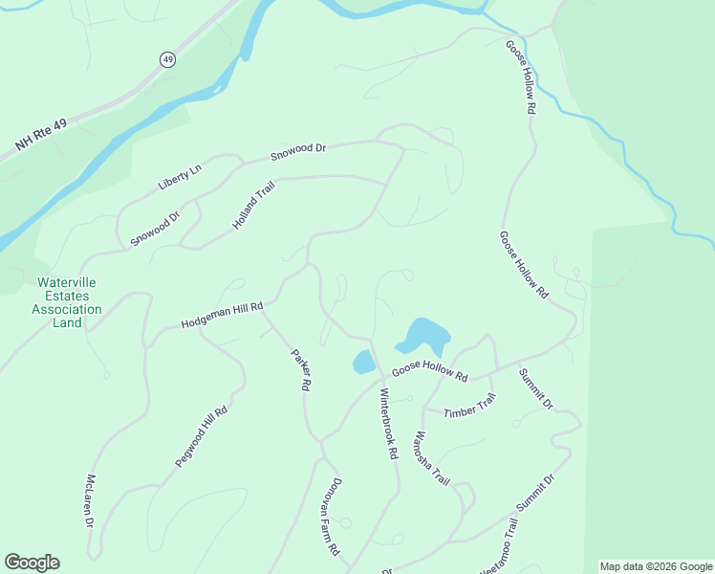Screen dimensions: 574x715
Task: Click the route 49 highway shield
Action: [168, 59]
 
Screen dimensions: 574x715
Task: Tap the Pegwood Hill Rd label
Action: [201, 436]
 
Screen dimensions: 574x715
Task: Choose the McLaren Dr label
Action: [90, 501]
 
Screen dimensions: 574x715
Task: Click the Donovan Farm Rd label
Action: [330, 518]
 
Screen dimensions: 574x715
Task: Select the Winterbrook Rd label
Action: [388, 424]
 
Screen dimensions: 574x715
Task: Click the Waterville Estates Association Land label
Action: [67, 302]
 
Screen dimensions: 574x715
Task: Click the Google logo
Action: [32, 563]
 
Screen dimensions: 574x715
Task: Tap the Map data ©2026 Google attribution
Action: [656, 566]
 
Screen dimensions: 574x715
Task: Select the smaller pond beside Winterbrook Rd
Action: [363, 362]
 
